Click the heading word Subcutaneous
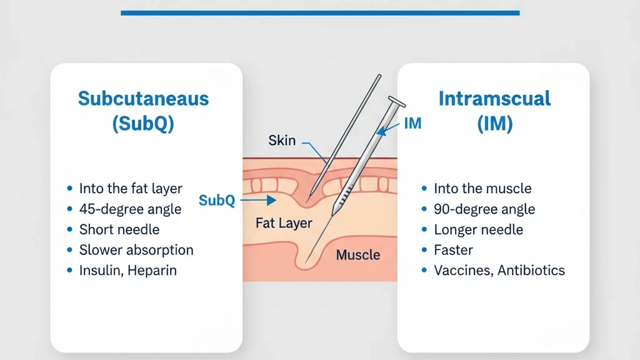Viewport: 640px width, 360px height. click(143, 99)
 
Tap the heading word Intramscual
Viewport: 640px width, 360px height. click(494, 99)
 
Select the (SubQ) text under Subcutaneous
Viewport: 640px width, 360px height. click(143, 124)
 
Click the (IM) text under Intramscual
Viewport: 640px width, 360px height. click(494, 124)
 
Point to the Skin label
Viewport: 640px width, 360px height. click(282, 140)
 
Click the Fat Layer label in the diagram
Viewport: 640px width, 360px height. click(284, 223)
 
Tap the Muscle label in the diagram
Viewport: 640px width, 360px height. click(358, 254)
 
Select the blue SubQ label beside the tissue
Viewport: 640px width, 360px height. click(216, 201)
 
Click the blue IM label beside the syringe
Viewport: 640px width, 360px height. click(412, 124)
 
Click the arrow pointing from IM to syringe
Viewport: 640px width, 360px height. click(389, 129)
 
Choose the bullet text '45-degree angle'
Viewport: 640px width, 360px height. click(130, 209)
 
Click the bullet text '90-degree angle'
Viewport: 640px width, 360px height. click(484, 209)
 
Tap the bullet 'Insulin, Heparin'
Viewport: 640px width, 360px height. click(127, 271)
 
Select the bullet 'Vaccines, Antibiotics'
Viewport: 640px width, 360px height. click(499, 271)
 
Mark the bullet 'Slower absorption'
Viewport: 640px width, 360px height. click(136, 250)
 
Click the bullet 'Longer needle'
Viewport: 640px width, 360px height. click(478, 229)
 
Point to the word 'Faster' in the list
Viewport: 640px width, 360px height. click(453, 250)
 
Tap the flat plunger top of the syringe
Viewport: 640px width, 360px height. click(396, 101)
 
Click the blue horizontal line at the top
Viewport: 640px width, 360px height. click(320, 12)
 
